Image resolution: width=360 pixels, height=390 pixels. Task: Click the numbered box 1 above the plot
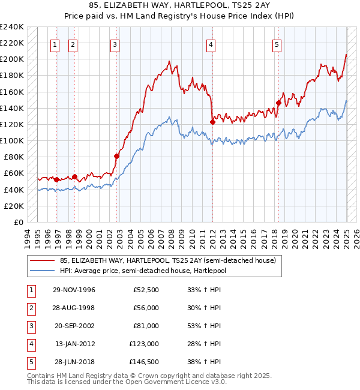click(x=55, y=44)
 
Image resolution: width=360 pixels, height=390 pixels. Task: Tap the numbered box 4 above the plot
click(x=211, y=44)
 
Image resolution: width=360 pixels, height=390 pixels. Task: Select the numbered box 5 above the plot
click(x=277, y=44)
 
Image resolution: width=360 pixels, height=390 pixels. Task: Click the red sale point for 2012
click(x=212, y=122)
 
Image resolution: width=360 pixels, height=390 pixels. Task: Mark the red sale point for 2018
click(x=278, y=103)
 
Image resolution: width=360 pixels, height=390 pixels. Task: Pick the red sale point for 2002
click(x=117, y=156)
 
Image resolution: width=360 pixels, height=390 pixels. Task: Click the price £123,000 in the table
click(x=144, y=344)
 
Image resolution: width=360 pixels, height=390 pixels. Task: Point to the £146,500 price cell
click(x=144, y=362)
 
